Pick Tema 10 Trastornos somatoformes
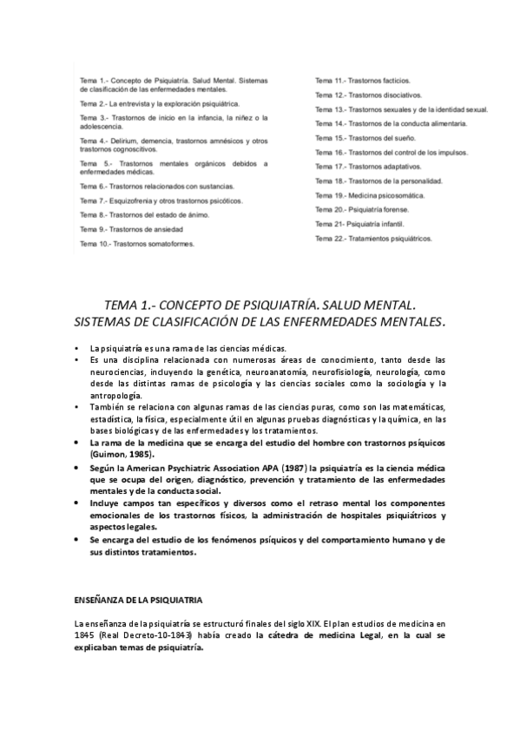click(137, 244)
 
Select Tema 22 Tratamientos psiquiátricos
click(373, 238)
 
